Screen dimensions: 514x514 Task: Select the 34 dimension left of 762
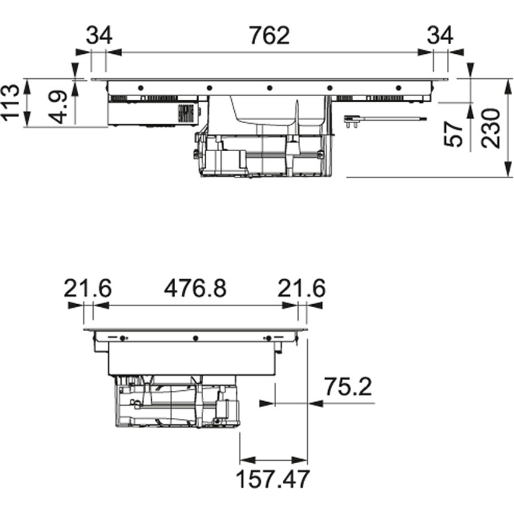coord(99,35)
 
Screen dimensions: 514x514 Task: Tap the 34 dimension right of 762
coord(440,35)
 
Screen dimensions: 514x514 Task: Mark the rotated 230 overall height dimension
coord(490,128)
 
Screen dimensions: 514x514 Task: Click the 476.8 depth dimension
coord(195,289)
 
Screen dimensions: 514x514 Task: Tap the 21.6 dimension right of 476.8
coord(302,289)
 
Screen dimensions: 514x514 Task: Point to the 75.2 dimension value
coord(348,387)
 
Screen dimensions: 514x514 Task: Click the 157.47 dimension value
coord(273,479)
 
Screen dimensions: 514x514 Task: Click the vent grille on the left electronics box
coord(187,114)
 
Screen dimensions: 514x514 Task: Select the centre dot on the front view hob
coord(269,88)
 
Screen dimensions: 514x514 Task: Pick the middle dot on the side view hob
coord(195,338)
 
